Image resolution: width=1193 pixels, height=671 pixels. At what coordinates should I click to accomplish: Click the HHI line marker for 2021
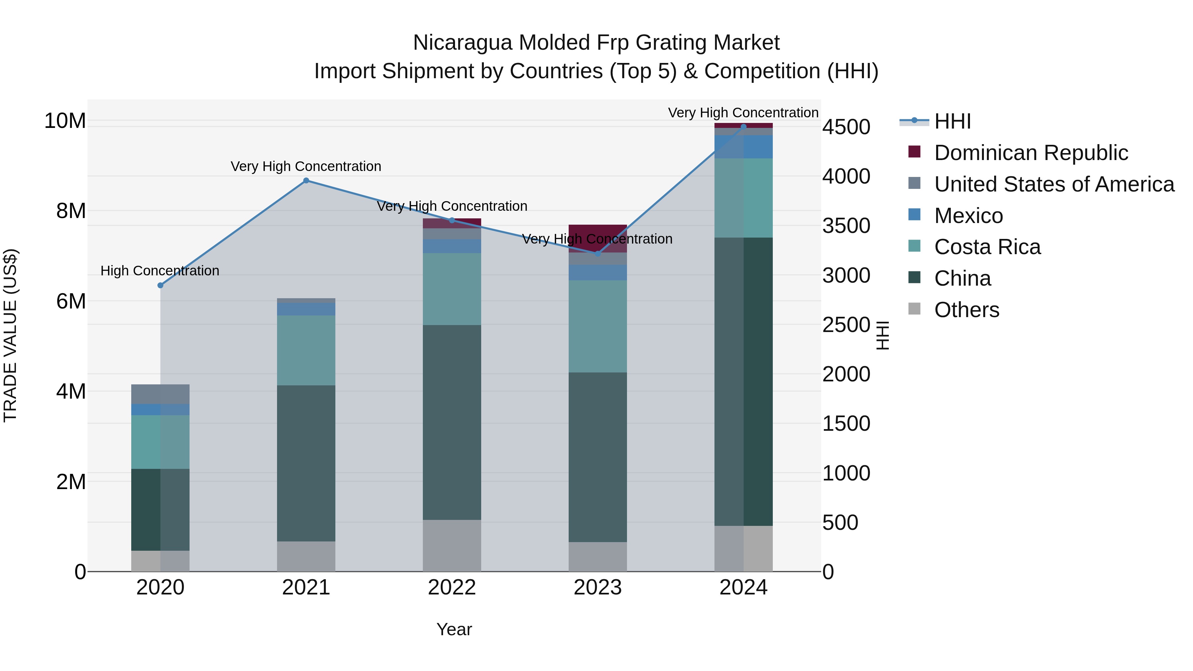306,181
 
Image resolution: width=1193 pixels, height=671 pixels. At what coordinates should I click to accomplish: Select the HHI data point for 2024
743,127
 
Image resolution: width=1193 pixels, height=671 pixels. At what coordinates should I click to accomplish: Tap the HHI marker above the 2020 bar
160,285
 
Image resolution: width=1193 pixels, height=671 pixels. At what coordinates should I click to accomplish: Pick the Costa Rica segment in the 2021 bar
306,350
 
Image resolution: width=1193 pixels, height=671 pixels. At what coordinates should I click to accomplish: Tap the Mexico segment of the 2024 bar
743,147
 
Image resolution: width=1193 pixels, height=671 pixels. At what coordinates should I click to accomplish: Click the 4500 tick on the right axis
846,127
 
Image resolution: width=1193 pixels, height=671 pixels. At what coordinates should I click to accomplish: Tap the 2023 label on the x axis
597,587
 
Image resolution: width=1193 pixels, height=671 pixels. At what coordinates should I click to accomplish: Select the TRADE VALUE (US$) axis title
10,335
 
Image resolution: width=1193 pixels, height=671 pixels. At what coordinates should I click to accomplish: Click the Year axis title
454,629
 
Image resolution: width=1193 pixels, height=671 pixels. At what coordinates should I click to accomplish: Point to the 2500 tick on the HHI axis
846,325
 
